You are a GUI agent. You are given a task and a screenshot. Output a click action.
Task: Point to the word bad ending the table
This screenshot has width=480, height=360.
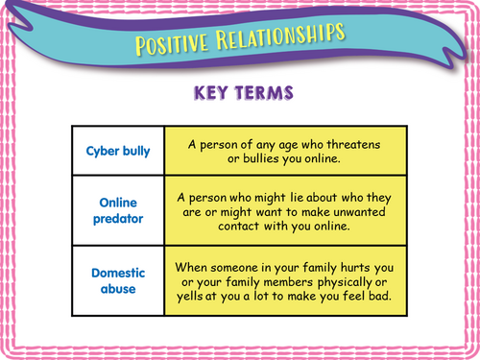(x=372, y=294)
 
